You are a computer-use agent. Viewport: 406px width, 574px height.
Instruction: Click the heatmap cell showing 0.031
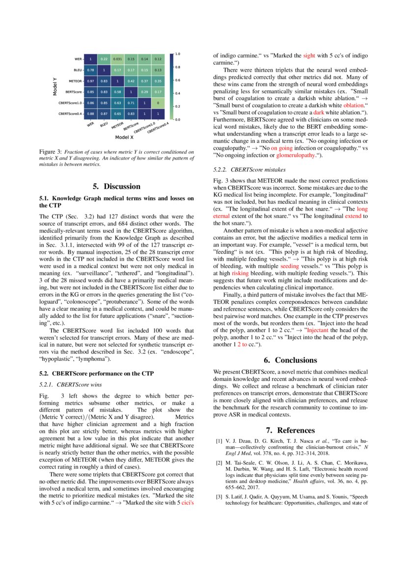[x=117, y=59]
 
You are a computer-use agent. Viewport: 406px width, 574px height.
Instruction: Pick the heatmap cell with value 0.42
[x=131, y=81]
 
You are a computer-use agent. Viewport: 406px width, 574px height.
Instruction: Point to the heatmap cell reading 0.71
[x=131, y=103]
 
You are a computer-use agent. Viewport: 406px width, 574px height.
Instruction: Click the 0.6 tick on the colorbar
[x=178, y=80]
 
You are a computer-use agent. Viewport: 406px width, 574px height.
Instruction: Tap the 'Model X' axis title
[x=125, y=137]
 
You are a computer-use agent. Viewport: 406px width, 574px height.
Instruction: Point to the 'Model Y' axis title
[x=55, y=86]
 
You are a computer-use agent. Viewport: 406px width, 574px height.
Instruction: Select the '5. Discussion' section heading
[x=116, y=186]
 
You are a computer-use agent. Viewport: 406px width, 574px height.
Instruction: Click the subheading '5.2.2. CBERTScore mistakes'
[x=250, y=169]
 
